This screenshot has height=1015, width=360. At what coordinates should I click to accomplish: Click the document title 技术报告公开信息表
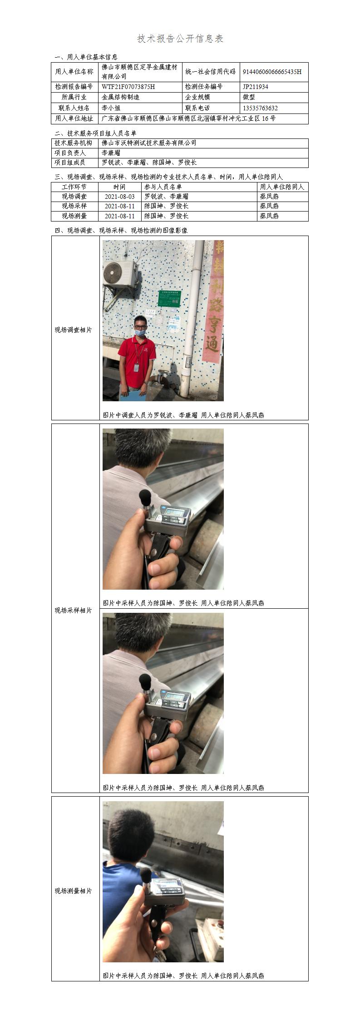tap(180, 39)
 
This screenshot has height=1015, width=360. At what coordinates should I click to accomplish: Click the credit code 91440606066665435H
tap(272, 72)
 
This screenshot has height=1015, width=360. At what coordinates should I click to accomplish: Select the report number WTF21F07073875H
tap(128, 87)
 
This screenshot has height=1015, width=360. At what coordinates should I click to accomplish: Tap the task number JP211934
tap(256, 87)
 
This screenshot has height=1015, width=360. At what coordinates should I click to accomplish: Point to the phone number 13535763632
tap(260, 108)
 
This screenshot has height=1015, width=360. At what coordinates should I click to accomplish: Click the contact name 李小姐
tap(111, 108)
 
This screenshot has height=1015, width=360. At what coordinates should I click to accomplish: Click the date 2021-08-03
tap(120, 197)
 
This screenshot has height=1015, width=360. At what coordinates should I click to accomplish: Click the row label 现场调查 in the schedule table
tap(74, 197)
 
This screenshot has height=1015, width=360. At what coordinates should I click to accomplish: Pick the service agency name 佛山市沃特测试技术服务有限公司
tap(149, 143)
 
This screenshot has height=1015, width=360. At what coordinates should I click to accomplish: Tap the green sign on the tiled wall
tap(169, 298)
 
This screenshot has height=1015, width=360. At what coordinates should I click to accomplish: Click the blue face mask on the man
tap(140, 332)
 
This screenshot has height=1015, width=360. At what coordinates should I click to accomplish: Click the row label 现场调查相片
tap(74, 330)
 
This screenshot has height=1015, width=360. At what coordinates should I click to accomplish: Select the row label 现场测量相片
tap(74, 891)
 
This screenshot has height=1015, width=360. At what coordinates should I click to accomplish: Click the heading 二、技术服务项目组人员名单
tap(95, 133)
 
